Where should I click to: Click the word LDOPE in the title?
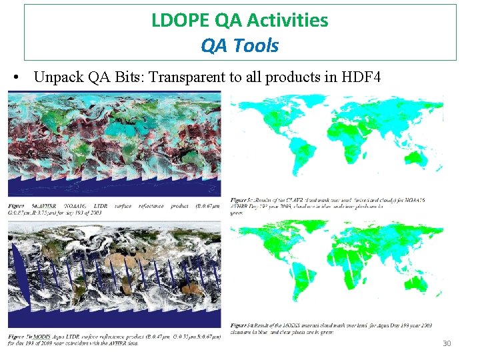pyautogui.click(x=175, y=21)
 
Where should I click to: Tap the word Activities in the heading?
pyautogui.click(x=287, y=21)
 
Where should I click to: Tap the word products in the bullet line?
pyautogui.click(x=294, y=78)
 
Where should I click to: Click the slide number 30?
pyautogui.click(x=447, y=343)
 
